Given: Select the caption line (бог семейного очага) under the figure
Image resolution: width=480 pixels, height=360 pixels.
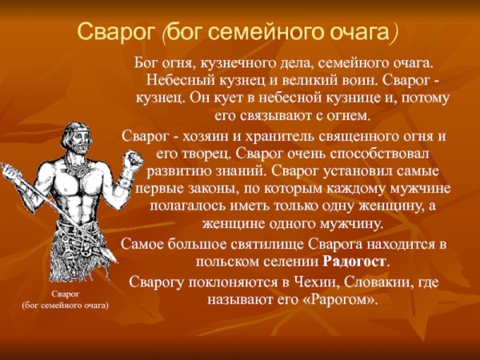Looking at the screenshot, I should [65, 306].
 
